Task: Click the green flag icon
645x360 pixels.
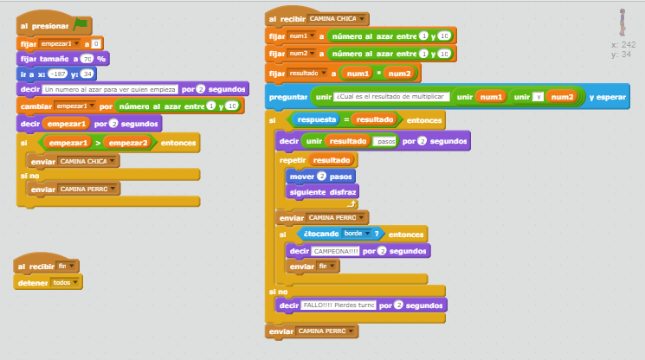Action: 81,24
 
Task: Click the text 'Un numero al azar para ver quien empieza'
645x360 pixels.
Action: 110,89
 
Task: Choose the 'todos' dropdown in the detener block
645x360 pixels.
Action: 66,282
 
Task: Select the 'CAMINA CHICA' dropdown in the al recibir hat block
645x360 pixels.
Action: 338,19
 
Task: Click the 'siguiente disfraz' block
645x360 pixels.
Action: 322,192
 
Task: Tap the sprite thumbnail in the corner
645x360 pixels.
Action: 621,22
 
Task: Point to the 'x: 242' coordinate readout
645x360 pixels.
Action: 622,44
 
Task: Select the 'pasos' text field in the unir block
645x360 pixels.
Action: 385,141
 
